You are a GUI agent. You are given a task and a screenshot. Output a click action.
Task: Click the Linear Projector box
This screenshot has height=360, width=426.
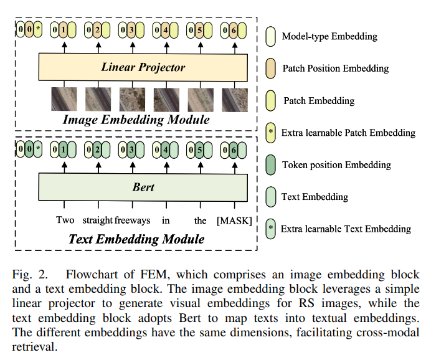(143, 67)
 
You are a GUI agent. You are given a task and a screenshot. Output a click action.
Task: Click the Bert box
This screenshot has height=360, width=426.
(143, 187)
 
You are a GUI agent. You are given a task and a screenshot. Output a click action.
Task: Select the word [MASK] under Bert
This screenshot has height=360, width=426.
(234, 220)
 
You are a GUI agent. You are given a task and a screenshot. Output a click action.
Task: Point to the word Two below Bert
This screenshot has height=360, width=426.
(65, 220)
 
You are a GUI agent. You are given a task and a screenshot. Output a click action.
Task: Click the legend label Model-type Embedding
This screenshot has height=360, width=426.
(329, 36)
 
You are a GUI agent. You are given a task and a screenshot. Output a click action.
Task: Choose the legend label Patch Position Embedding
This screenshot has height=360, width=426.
(335, 69)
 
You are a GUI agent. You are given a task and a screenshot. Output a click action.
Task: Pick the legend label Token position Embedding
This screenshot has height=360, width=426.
(336, 164)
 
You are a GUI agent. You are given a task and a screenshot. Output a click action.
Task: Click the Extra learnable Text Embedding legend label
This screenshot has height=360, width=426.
(346, 229)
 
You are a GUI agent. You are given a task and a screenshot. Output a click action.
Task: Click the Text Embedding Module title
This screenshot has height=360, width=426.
(136, 239)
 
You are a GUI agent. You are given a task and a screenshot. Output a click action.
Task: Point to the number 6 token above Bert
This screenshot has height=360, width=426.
(234, 149)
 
